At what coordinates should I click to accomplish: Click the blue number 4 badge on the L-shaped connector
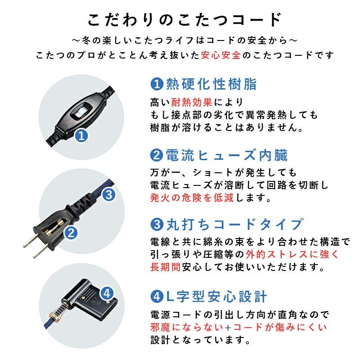pos(106,293)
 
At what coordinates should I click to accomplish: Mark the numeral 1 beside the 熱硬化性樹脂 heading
pos(156,84)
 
